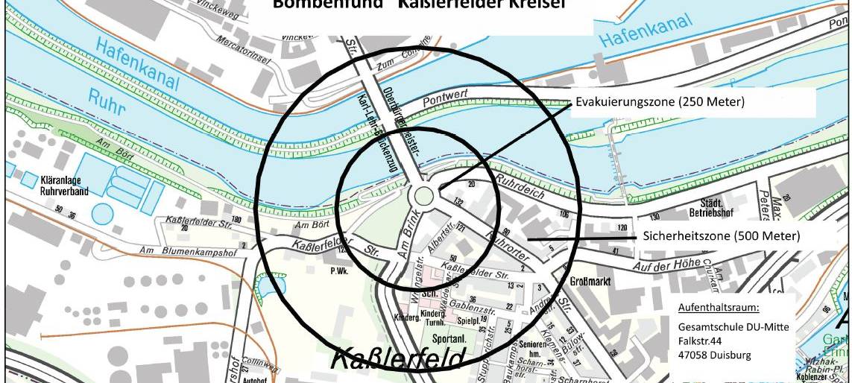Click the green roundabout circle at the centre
click(x=423, y=196)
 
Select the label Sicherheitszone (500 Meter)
click(x=721, y=237)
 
